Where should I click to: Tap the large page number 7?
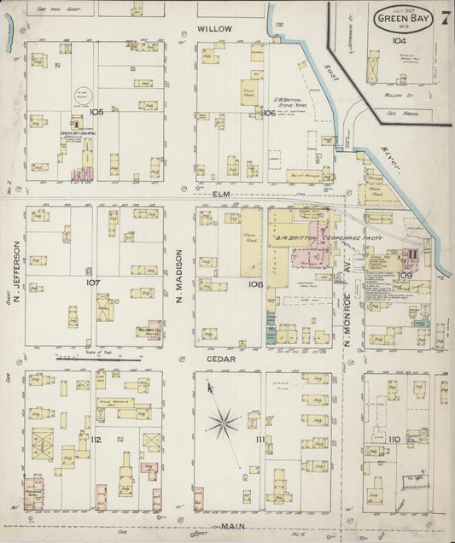446,16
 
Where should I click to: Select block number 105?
96,112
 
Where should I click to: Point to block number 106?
268,113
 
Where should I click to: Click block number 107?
93,281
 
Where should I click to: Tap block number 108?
254,283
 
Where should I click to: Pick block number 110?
394,439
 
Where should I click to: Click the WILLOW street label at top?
214,28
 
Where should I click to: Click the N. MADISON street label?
179,276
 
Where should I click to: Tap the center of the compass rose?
226,420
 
